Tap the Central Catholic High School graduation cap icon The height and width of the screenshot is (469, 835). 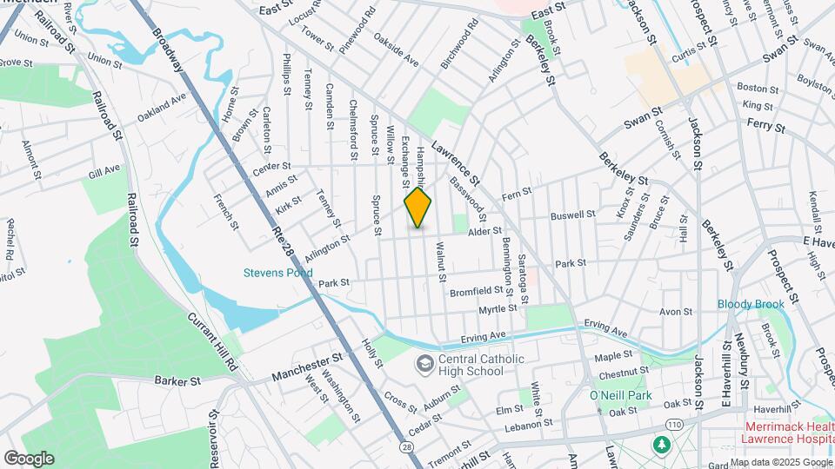point(425,363)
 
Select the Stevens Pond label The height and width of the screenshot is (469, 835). point(277,273)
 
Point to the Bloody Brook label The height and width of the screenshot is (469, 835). point(751,304)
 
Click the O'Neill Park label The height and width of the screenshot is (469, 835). point(620,396)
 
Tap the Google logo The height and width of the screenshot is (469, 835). point(29,458)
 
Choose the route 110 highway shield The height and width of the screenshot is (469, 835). point(674,423)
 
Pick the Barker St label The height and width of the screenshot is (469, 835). point(177,380)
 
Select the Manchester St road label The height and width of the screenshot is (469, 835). point(307,366)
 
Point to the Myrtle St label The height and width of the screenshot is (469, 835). point(498,309)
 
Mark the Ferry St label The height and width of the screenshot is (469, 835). point(765,127)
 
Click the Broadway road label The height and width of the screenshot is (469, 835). point(168,50)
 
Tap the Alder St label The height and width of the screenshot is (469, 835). point(485,231)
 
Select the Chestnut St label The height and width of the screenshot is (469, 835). point(619,373)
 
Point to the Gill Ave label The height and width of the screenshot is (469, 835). point(105,173)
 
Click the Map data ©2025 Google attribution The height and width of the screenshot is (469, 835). point(780,462)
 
